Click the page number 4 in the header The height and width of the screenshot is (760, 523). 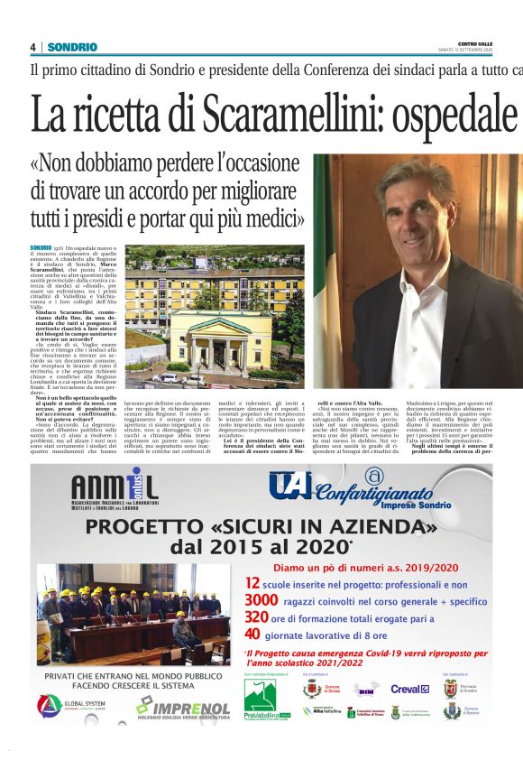pyautogui.click(x=32, y=47)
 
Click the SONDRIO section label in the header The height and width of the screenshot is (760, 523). pyautogui.click(x=72, y=47)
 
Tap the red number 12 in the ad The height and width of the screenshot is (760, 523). pyautogui.click(x=253, y=584)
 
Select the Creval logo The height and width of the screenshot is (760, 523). pyautogui.click(x=409, y=689)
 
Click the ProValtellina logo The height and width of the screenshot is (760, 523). pyautogui.click(x=267, y=697)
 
